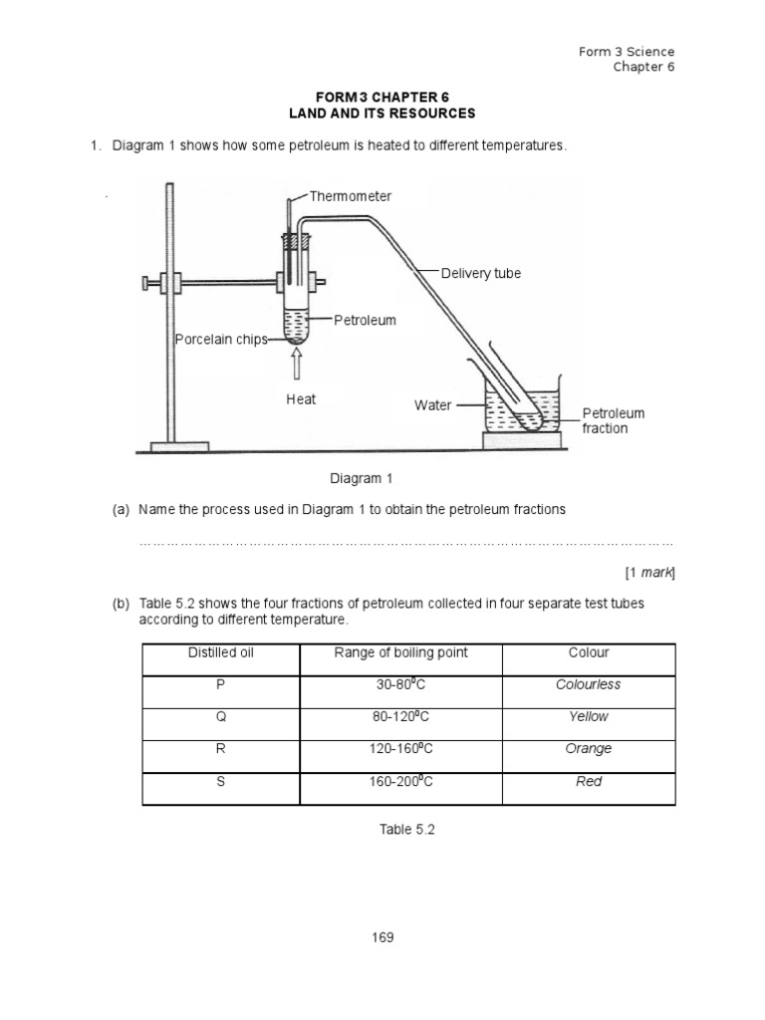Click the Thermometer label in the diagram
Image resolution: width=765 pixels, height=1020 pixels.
click(350, 196)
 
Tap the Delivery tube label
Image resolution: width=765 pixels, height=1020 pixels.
click(481, 273)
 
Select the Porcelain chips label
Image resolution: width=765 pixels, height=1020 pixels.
click(221, 340)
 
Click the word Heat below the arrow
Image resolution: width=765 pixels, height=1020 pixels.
click(301, 399)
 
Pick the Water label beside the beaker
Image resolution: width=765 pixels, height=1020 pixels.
click(432, 405)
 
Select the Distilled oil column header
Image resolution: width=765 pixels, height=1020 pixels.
click(220, 653)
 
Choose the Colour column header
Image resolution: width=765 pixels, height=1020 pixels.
click(589, 653)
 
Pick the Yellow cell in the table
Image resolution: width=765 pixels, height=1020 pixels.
click(589, 716)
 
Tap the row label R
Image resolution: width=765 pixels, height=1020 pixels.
click(220, 749)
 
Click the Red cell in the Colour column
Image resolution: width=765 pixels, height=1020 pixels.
click(589, 782)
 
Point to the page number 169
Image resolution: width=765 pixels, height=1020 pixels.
click(382, 937)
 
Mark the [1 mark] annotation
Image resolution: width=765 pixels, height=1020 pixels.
click(650, 573)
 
